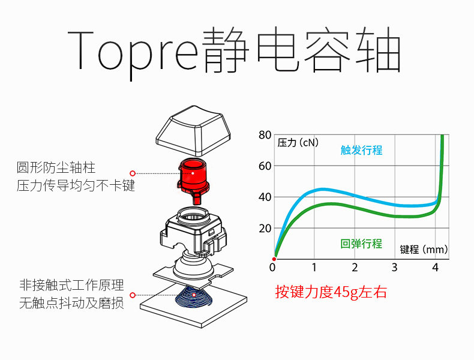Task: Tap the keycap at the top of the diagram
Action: tap(194, 130)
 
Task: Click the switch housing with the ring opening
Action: tap(193, 230)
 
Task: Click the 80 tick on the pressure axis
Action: tap(265, 135)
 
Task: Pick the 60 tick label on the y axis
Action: tap(265, 166)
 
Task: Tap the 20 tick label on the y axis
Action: tap(265, 229)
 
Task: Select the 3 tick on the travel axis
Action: tap(394, 267)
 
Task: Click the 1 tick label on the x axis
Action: tap(314, 267)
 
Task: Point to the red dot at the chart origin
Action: tap(274, 259)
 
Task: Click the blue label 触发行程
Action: tap(361, 150)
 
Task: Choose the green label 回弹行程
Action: tap(361, 244)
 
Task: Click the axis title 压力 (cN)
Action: tap(298, 142)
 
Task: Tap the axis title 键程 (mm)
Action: tap(424, 250)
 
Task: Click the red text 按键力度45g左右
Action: tap(331, 292)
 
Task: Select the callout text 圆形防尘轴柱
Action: tap(56, 167)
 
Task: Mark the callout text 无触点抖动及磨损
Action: tap(71, 303)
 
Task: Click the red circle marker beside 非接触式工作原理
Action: tap(133, 295)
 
